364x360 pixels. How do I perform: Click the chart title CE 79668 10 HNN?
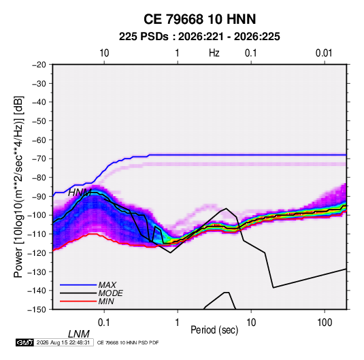tap(199, 19)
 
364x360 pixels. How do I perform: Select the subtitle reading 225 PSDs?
tap(144, 37)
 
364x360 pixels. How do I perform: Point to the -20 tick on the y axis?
tap(39, 65)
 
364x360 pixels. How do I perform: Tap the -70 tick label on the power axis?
tap(39, 159)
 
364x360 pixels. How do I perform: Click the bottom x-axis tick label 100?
tap(325, 323)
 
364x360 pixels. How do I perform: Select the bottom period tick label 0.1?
tap(104, 323)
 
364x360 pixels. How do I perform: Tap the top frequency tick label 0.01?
tap(324, 53)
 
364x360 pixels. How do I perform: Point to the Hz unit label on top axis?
tap(214, 53)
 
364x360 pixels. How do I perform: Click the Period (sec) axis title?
tap(214, 330)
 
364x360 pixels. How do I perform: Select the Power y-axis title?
tap(18, 187)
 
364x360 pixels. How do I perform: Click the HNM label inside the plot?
tap(80, 193)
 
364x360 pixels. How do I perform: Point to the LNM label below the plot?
tap(79, 334)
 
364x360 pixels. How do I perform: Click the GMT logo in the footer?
tap(25, 342)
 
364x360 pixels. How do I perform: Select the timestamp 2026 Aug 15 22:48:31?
tap(63, 342)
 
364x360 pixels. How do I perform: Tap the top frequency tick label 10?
tap(104, 53)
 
